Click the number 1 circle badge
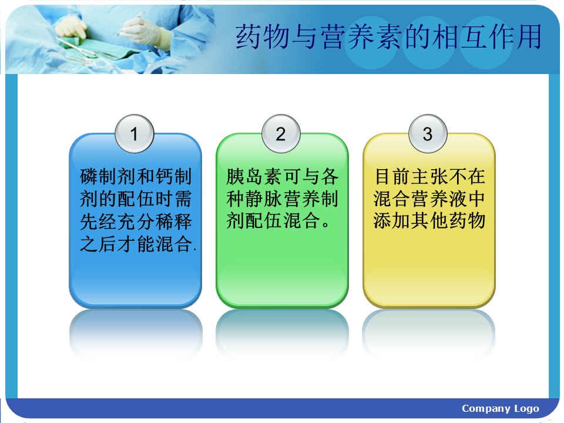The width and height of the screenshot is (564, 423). pyautogui.click(x=135, y=134)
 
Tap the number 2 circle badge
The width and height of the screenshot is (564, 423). pyautogui.click(x=281, y=134)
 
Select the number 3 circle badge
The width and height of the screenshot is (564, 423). pyautogui.click(x=428, y=134)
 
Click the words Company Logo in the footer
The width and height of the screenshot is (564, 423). pyautogui.click(x=501, y=409)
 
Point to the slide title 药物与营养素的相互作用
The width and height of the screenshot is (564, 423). pyautogui.click(x=388, y=36)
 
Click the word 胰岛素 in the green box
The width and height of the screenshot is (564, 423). pyautogui.click(x=254, y=177)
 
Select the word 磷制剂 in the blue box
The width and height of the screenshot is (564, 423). pyautogui.click(x=108, y=177)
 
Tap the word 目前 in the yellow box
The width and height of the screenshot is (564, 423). pyautogui.click(x=392, y=177)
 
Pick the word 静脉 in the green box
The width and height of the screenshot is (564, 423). pyautogui.click(x=264, y=199)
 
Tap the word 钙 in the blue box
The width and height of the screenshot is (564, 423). pyautogui.click(x=165, y=177)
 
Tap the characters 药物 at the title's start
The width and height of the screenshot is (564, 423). pyautogui.click(x=263, y=36)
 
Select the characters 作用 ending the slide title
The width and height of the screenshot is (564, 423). pyautogui.click(x=515, y=36)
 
